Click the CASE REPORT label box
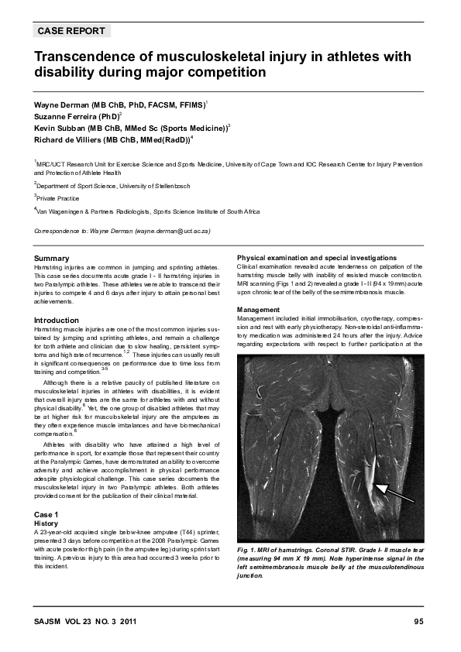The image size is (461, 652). (x=72, y=31)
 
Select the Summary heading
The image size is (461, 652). (x=52, y=258)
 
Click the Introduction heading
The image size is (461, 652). (x=57, y=320)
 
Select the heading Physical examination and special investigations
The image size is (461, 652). (x=317, y=257)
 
